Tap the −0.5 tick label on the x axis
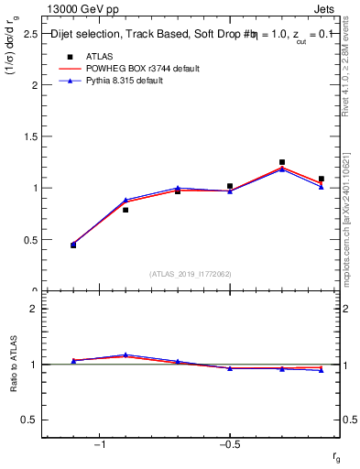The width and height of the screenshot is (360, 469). tap(228, 445)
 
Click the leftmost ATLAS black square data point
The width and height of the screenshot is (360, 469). tap(73, 245)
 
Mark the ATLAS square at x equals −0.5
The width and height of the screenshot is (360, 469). tap(230, 186)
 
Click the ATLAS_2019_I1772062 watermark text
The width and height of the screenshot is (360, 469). tap(191, 274)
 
